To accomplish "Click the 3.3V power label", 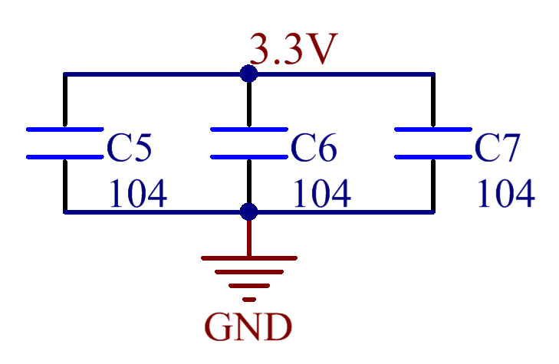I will click(293, 51).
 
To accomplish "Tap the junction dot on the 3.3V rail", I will click(248, 74).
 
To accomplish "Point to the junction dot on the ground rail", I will click(248, 212).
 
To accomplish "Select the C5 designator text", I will click(129, 148).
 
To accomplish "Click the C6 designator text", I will click(313, 148).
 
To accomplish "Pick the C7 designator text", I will click(497, 148).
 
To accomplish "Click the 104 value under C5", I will click(136, 195).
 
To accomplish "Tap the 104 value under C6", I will click(321, 195).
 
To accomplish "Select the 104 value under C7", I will click(505, 195).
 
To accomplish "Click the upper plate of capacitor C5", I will click(64, 130).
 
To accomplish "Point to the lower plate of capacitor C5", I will click(64, 157).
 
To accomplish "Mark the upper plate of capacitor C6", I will click(248, 130).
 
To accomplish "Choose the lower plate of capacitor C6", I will click(248, 157).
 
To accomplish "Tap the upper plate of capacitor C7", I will click(432, 130).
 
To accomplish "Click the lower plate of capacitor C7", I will click(432, 157).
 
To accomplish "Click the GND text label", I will click(248, 328).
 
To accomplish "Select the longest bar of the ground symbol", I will click(248, 258).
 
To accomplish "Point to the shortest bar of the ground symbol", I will click(248, 299).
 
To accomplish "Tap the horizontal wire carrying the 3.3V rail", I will click(153, 74).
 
